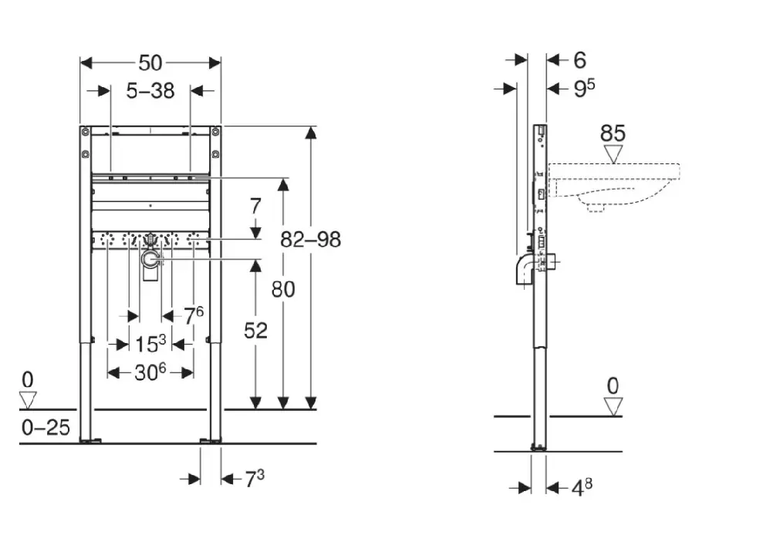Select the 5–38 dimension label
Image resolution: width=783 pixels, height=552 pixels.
150,91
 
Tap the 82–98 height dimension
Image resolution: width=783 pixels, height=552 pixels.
310,240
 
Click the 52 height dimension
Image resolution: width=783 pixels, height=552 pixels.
255,330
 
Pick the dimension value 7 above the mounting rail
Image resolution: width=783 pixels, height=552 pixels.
255,206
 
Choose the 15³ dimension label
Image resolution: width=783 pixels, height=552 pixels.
150,344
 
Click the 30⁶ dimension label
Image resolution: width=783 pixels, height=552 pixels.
150,373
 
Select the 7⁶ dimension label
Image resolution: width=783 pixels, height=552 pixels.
194,315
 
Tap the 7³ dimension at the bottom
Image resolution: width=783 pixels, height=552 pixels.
255,479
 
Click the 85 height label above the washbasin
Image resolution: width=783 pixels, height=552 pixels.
613,133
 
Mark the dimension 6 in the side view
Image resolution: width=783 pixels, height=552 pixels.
579,60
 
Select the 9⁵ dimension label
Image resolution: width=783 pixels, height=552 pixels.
584,89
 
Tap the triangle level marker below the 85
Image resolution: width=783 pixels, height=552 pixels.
613,154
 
